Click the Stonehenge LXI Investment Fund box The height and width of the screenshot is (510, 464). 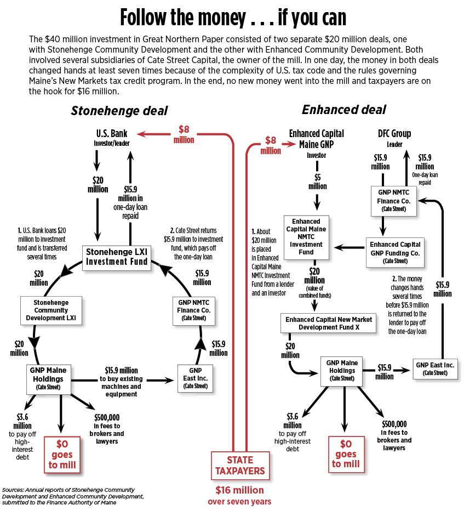116,257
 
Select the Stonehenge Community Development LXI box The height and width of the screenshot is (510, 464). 51,310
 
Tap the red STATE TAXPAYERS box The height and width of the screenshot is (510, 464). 240,465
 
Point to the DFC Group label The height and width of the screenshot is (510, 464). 394,133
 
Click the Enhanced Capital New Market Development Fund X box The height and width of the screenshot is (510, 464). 329,323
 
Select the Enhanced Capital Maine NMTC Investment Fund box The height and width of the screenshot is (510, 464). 306,237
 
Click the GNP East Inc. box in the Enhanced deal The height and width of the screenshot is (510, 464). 435,368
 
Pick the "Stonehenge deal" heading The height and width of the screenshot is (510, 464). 119,110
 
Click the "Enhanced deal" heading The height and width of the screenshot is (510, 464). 343,110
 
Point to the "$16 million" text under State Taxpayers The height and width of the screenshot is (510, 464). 239,490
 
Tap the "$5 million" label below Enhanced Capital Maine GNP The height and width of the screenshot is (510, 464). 317,182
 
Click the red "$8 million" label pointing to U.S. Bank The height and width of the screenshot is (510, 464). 185,134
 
